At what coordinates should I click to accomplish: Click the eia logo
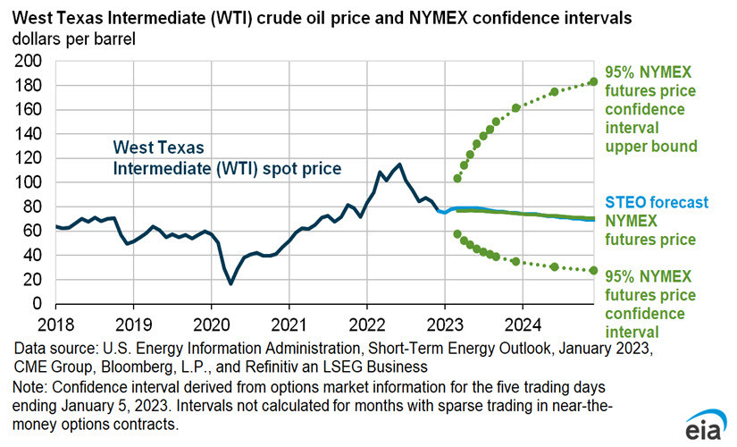point(705,427)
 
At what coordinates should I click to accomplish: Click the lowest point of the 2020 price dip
point(230,283)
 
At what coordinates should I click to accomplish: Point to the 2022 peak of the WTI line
point(398,164)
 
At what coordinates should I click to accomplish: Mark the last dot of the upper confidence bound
point(593,81)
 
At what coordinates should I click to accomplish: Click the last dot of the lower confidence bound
point(593,270)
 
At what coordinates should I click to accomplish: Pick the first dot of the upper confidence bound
point(457,178)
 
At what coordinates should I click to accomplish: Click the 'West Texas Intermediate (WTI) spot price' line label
point(226,156)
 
